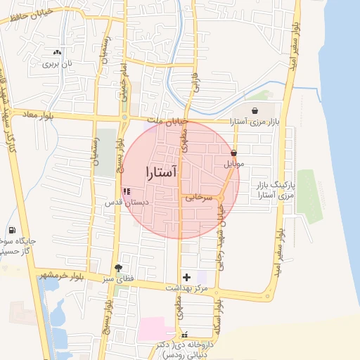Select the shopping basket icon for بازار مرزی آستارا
click(254, 110)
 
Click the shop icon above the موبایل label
click(233, 153)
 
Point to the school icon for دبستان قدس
click(127, 191)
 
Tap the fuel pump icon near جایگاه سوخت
click(12, 230)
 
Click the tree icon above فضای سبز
click(117, 268)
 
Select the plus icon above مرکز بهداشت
click(186, 277)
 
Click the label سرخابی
click(199, 198)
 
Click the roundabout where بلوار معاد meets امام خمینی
click(124, 117)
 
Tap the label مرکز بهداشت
click(186, 288)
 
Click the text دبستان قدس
click(124, 202)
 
